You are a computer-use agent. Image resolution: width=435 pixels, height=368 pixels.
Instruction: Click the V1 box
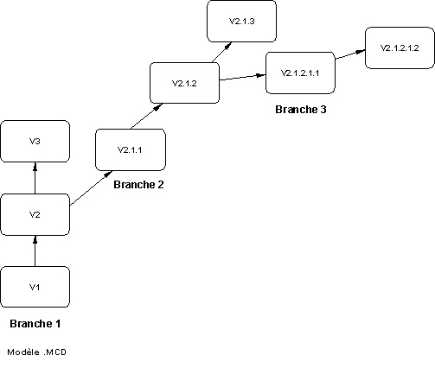35,287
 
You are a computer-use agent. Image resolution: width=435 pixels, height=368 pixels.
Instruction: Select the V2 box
35,214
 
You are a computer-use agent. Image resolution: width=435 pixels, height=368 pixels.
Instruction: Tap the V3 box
35,141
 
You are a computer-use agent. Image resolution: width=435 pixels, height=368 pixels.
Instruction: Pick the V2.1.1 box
131,149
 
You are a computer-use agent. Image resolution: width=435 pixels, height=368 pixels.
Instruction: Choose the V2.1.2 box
184,83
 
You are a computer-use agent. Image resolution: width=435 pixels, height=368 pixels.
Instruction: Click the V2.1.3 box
241,21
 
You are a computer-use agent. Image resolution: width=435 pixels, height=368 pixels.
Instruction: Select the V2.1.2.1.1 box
300,73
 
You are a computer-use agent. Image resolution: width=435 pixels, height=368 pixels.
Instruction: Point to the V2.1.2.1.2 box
400,48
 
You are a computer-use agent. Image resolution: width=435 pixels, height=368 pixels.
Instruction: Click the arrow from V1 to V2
35,251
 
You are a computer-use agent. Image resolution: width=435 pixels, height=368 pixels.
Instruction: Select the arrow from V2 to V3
35,178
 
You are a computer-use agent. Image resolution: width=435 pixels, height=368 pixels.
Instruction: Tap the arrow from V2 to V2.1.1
91,188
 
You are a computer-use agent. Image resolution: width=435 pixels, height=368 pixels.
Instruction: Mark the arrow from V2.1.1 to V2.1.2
147,117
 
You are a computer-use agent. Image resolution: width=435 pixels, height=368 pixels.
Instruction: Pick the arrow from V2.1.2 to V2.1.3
222,52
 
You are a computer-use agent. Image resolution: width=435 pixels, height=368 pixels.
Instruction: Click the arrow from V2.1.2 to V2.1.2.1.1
242,78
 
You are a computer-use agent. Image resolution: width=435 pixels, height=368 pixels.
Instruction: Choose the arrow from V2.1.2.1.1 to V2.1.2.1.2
350,54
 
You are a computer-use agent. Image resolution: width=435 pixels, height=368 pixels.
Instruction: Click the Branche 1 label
35,323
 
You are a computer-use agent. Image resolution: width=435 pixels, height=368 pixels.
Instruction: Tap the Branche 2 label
138,184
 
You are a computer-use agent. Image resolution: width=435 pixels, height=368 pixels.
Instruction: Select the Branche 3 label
301,109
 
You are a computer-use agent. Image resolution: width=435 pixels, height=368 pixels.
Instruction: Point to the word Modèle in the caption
23,352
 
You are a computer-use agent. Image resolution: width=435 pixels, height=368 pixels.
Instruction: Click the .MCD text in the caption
55,352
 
